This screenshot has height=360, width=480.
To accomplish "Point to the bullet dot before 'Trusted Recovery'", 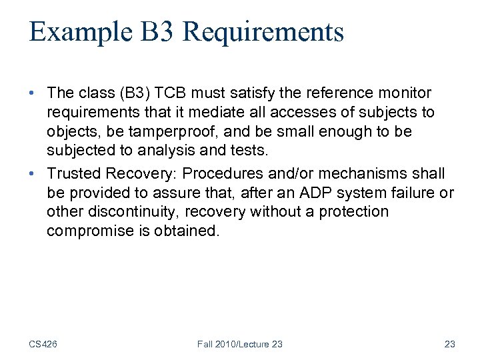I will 34,174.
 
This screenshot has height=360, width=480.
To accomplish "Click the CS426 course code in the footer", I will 43,344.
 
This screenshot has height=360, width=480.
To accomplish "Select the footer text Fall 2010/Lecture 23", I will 240,344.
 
